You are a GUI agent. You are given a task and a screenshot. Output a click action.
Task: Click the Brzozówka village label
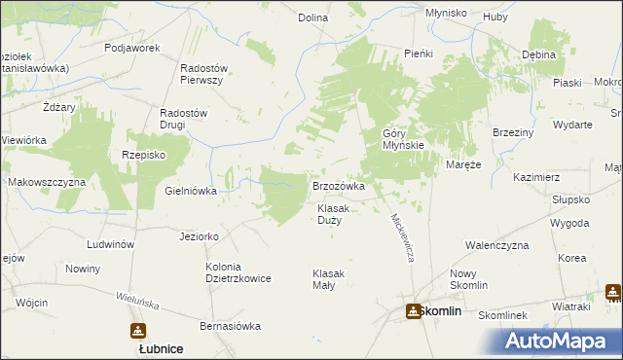(x=338, y=185)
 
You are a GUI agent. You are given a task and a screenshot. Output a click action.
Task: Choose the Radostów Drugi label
(x=184, y=119)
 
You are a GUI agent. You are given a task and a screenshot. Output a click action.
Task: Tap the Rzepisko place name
(x=143, y=155)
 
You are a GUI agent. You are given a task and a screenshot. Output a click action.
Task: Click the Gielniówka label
(x=191, y=191)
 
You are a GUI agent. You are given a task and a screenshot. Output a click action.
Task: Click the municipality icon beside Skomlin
(x=413, y=311)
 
